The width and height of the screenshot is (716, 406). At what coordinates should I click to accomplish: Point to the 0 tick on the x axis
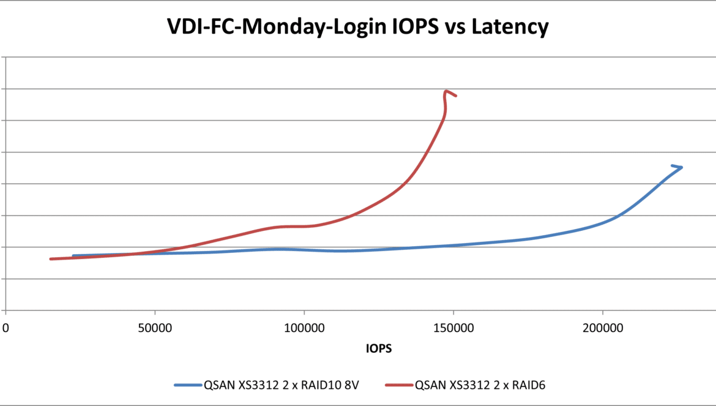[6, 328]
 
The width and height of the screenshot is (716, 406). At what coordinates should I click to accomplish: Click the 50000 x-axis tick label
[155, 328]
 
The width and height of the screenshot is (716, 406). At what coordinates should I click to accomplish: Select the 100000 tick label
[304, 328]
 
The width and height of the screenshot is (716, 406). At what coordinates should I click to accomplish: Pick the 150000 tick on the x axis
[453, 328]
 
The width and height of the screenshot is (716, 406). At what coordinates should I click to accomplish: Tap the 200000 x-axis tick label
[602, 328]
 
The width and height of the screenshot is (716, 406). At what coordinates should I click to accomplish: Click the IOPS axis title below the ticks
[379, 350]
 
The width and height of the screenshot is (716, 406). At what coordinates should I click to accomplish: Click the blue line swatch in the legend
[190, 385]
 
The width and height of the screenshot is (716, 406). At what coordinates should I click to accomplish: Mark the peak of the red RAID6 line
[447, 91]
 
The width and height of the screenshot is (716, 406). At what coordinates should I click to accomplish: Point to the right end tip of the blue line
[681, 167]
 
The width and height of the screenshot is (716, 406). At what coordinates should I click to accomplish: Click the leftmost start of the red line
[51, 259]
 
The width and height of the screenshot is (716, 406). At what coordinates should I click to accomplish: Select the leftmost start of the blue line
[73, 255]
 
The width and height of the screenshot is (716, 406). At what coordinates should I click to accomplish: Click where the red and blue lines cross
[132, 254]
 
